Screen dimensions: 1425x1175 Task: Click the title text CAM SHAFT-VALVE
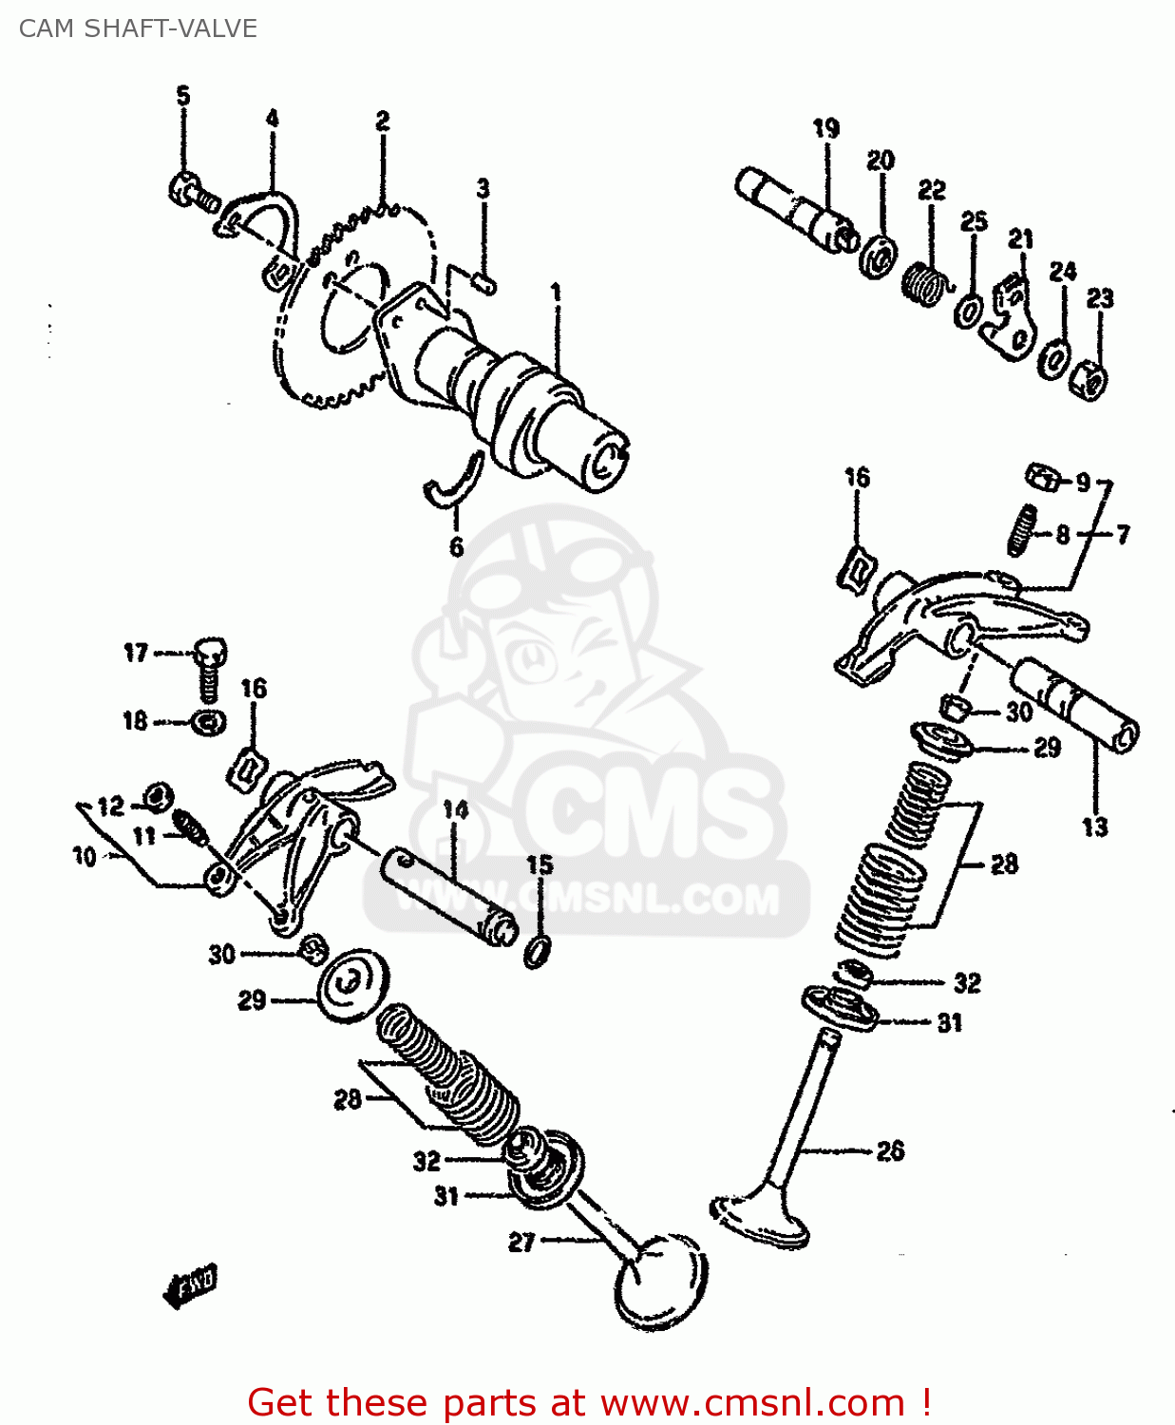138,28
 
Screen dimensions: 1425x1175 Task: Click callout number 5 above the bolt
183,95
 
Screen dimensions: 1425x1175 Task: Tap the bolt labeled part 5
194,193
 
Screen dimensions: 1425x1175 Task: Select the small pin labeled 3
483,282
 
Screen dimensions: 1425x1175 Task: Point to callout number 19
825,128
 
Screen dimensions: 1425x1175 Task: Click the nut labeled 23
1089,379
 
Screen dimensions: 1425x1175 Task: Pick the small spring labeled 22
923,283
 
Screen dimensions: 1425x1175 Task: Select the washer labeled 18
209,722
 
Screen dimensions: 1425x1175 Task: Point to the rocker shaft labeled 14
448,898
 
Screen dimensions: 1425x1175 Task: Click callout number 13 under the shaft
1095,827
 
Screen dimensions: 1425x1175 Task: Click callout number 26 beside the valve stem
890,1150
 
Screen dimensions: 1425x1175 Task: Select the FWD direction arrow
190,1286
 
